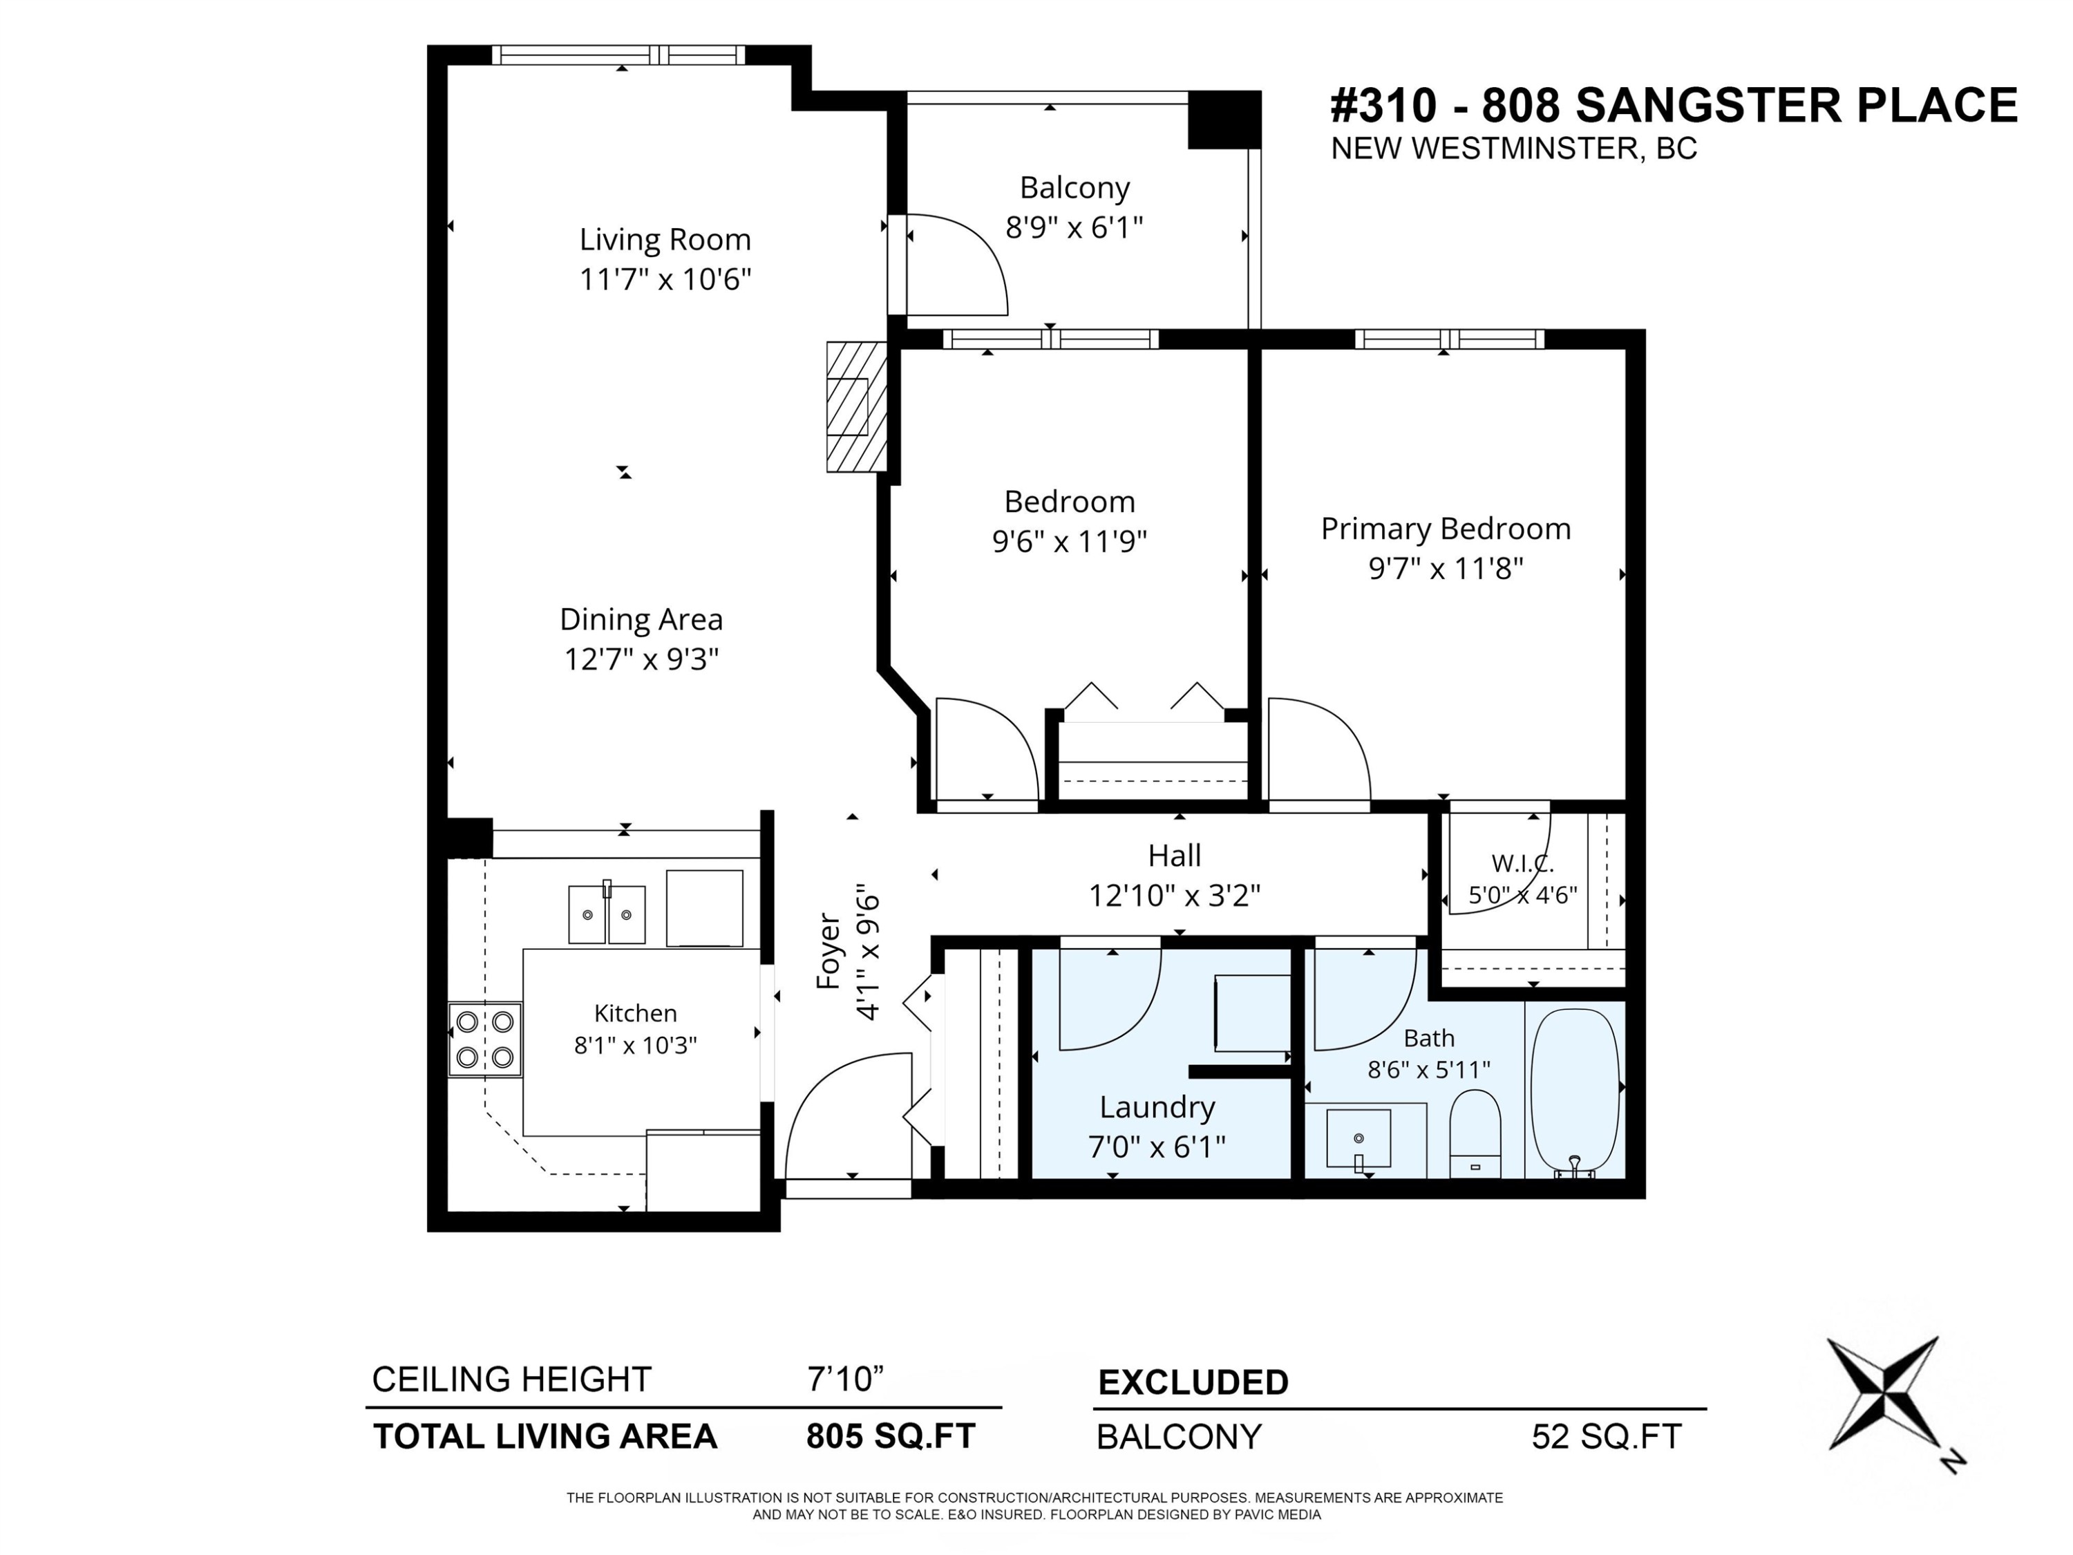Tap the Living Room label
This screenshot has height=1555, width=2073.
665,240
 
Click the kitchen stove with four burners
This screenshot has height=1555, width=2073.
484,1039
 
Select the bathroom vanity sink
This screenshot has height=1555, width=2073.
1359,1139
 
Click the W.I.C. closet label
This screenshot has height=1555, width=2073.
1522,864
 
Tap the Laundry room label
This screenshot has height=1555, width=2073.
1157,1107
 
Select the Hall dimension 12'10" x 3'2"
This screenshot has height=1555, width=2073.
1173,896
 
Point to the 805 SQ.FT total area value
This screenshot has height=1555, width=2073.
890,1436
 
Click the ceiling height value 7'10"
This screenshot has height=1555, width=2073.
845,1379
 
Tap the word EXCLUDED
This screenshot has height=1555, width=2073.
1193,1382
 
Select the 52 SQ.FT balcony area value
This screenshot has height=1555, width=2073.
1607,1437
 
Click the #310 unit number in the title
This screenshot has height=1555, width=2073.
1383,105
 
